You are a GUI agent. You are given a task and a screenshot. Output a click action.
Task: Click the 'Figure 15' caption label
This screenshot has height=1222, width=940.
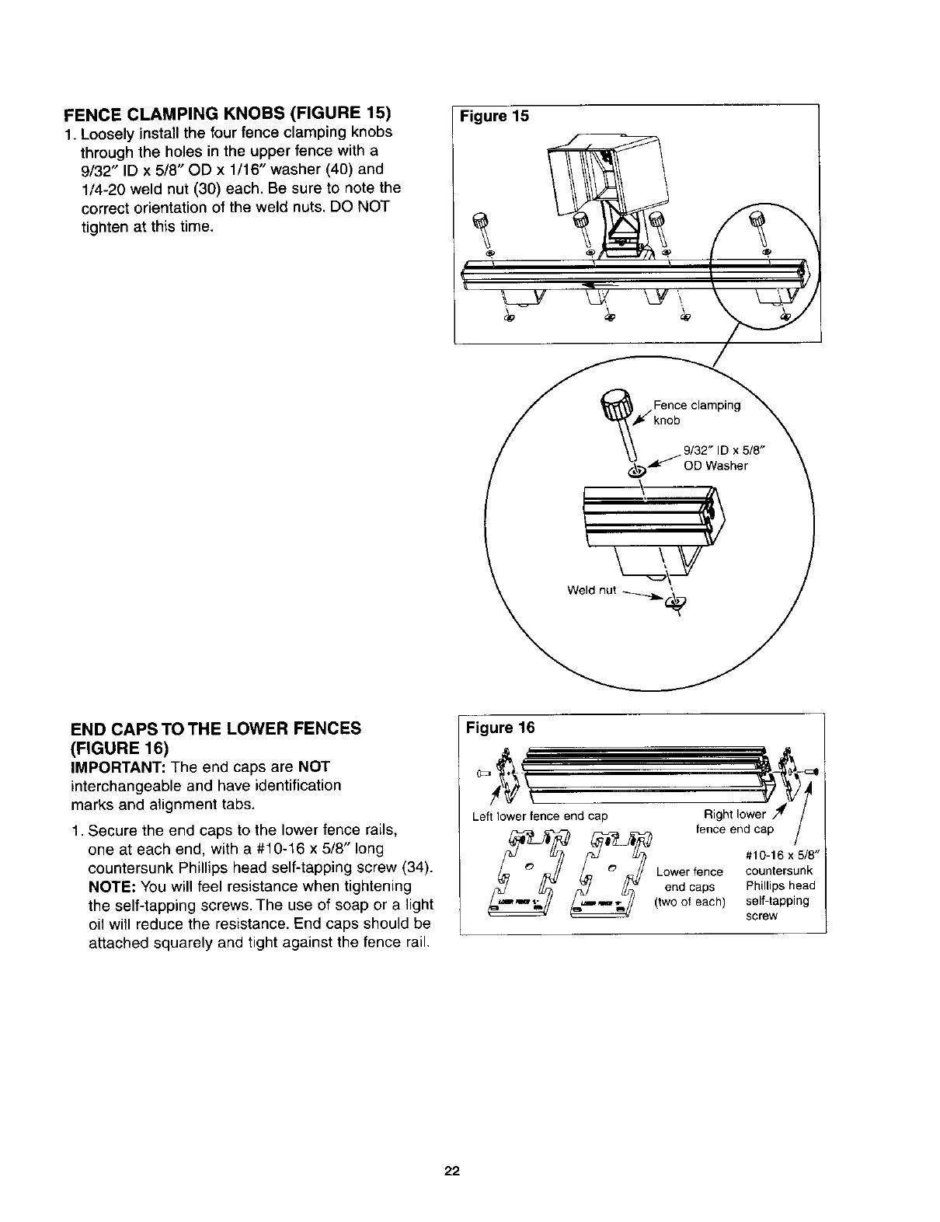[x=494, y=117]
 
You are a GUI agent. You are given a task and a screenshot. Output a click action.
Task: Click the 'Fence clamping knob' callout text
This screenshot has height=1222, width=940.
[x=696, y=412]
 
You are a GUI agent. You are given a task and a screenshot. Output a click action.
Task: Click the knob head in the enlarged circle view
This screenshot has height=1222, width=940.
[x=617, y=407]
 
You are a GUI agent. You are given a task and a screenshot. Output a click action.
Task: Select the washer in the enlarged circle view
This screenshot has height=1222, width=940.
[x=635, y=471]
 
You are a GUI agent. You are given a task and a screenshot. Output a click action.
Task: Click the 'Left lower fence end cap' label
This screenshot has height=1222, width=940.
[x=540, y=816]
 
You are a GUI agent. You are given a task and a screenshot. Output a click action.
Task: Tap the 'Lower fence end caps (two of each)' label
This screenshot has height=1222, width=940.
[x=690, y=887]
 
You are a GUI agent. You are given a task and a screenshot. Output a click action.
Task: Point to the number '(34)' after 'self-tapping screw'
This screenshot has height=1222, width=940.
[x=418, y=867]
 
